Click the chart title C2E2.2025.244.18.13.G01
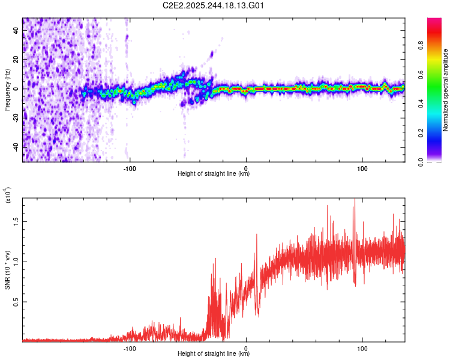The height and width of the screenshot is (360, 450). point(214,5)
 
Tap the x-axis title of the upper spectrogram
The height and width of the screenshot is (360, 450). point(214,174)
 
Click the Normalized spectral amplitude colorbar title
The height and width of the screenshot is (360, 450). point(445,90)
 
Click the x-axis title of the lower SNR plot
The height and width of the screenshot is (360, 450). point(214,354)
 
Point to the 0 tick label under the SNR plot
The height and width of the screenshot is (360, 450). point(247,348)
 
